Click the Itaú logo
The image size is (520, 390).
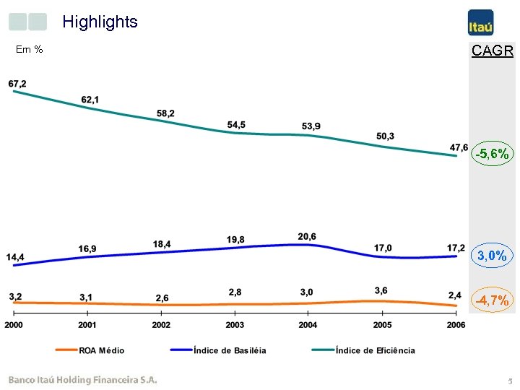click(480, 22)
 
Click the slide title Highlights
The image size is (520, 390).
click(100, 22)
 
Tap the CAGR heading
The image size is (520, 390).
click(492, 51)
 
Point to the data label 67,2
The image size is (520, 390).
click(17, 84)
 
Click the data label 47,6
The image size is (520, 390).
click(459, 147)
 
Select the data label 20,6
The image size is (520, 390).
click(307, 236)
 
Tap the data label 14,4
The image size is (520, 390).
click(15, 257)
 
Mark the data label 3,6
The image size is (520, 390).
click(381, 290)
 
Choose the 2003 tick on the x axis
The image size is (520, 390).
click(235, 325)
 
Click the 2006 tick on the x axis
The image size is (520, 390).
click(456, 325)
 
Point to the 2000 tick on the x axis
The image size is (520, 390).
click(14, 325)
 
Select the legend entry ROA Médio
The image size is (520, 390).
click(90, 350)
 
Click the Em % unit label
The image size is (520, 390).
click(30, 50)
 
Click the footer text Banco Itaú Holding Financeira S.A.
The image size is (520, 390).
click(82, 380)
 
